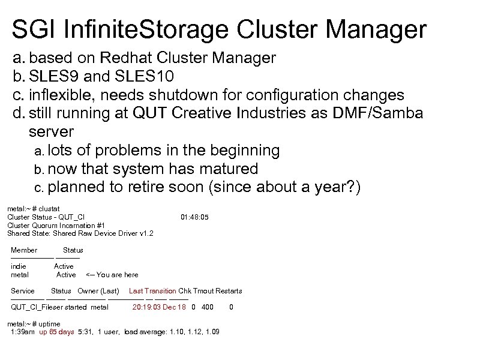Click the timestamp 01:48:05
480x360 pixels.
[194, 217]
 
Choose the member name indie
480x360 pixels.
[19, 266]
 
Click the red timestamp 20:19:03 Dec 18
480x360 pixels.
[158, 307]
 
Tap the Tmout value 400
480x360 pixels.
[208, 307]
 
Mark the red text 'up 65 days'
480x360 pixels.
[57, 332]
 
